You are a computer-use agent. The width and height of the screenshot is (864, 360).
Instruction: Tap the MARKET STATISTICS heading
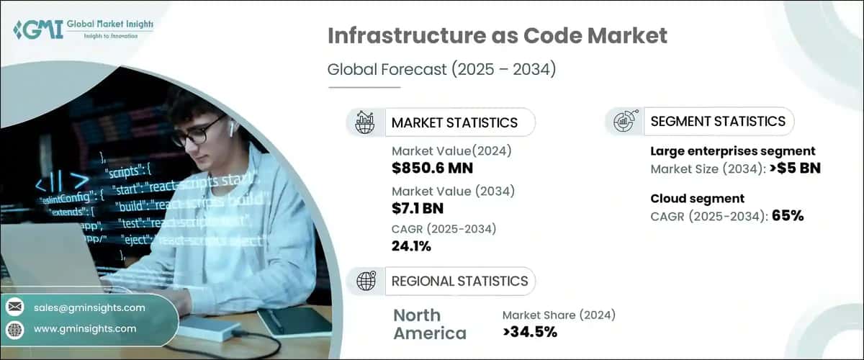454,122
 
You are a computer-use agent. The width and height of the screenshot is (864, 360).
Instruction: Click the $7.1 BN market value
418,209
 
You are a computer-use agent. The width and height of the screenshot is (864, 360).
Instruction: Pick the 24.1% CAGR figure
412,247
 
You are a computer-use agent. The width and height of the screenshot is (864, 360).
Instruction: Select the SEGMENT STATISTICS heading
717,121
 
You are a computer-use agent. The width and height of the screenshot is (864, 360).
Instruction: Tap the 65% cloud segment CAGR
787,216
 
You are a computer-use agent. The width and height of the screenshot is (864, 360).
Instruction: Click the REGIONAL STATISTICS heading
459,281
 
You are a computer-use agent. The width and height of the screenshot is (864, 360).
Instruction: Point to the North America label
430,324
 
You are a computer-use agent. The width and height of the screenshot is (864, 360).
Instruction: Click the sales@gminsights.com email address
89,307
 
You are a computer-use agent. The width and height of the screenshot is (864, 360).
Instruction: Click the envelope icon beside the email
14,307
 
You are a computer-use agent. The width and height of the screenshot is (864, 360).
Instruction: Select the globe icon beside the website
14,329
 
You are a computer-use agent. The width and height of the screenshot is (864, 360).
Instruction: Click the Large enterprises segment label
732,151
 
